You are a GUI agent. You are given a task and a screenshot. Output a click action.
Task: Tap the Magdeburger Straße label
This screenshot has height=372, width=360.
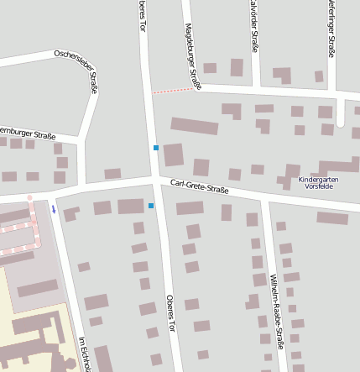coord(192,56)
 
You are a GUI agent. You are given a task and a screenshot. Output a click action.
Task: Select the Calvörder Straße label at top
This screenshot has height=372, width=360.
coord(253,25)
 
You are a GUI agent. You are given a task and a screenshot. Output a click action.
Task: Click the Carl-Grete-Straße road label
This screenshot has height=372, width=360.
coord(200,186)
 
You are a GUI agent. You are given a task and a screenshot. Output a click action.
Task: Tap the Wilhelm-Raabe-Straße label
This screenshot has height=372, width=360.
coord(277,311)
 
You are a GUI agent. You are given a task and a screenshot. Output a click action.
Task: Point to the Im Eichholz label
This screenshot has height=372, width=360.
coord(85,353)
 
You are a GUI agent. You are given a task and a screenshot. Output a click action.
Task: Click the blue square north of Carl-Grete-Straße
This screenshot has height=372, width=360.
coord(156,148)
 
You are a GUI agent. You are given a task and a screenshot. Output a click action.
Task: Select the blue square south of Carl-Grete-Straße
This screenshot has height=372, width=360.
coord(151,205)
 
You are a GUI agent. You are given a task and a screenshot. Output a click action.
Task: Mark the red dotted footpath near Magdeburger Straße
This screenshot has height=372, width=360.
coord(170,89)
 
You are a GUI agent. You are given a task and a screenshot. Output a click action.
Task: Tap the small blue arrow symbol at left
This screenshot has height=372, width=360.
coord(54,209)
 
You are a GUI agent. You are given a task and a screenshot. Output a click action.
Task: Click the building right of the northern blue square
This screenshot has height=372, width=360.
coord(174,155)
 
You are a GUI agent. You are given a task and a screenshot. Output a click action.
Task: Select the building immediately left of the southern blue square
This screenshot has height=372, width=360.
coord(131,206)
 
